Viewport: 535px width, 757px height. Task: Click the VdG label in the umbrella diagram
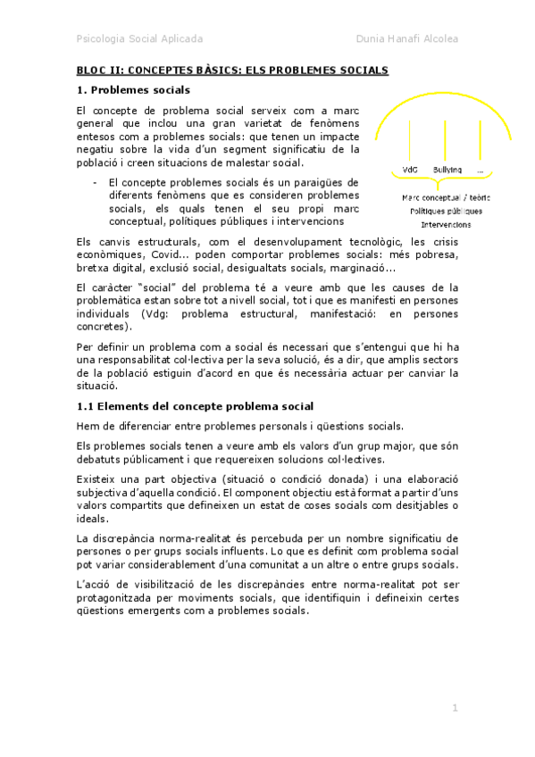coord(411,170)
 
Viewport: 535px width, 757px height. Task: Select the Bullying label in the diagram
coord(447,170)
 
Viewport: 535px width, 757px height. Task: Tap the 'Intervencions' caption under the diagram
coord(447,225)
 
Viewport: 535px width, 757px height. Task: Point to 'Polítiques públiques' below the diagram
coord(446,212)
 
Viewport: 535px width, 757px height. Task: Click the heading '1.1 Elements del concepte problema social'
coord(194,406)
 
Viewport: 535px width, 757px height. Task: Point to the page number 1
coord(455,708)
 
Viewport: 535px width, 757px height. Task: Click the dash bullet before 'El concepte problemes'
coord(95,183)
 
